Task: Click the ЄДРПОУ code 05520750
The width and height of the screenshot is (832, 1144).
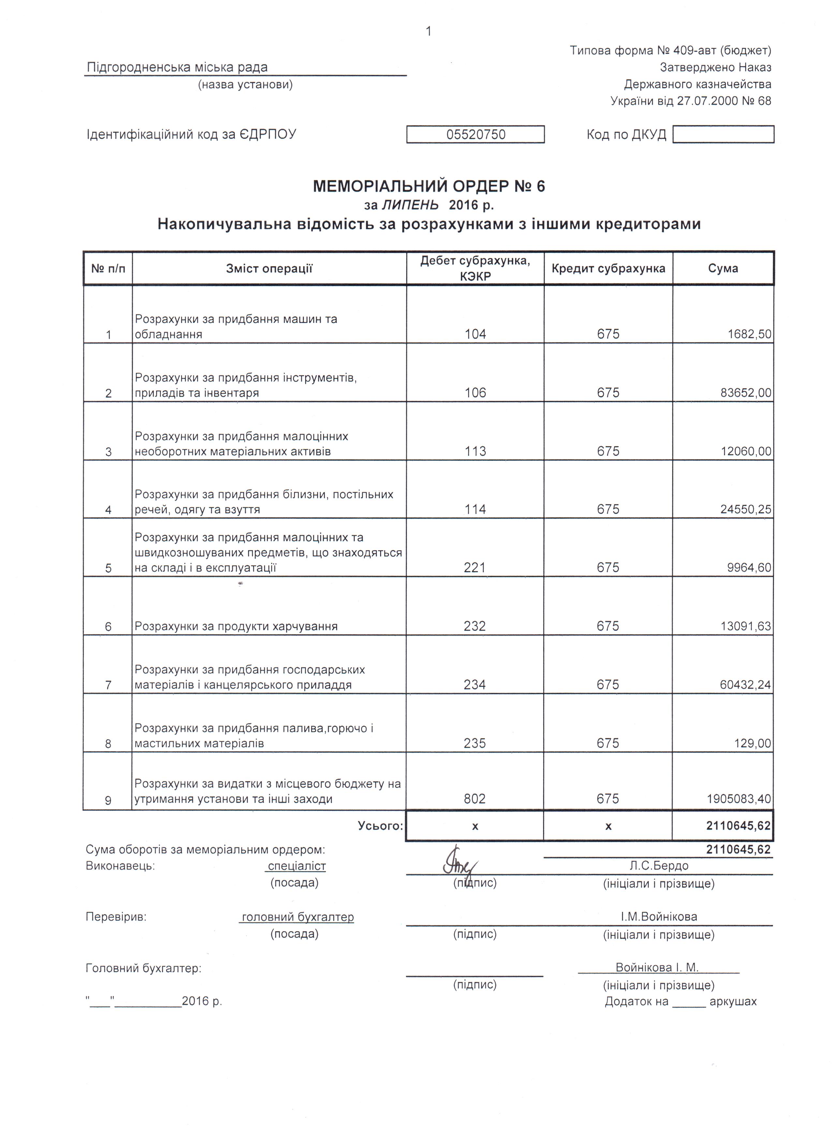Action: (x=475, y=135)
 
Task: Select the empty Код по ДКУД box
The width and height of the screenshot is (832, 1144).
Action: (x=723, y=135)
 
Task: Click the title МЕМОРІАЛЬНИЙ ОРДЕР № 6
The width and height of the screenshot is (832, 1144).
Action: (x=429, y=187)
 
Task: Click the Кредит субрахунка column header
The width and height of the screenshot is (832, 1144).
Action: (x=608, y=268)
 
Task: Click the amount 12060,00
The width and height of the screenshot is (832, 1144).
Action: (x=746, y=451)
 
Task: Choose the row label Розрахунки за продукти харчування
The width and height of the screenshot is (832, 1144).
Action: (x=236, y=626)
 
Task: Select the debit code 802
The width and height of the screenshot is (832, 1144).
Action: (x=474, y=799)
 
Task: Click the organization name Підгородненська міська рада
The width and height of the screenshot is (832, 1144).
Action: (x=177, y=67)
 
